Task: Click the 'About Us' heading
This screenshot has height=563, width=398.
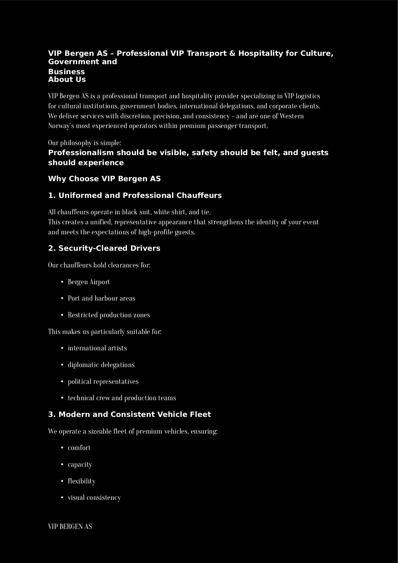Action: point(67,80)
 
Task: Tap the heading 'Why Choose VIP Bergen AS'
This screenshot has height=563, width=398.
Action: point(104,179)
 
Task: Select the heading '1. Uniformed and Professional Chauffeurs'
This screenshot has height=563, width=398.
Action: point(135,196)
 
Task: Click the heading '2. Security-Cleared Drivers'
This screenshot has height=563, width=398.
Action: point(104,248)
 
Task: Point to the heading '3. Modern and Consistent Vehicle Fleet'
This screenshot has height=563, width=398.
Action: point(129,415)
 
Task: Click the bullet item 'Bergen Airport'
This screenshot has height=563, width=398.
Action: point(89,282)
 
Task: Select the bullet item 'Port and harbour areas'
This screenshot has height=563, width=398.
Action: point(101,298)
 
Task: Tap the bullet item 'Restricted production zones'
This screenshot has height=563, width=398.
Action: point(109,315)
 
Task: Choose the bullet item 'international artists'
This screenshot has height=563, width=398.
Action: point(97,348)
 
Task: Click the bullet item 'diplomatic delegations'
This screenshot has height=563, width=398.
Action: point(101,365)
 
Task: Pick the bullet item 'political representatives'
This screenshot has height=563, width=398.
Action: point(103,381)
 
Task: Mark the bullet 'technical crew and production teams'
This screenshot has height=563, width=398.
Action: point(122,398)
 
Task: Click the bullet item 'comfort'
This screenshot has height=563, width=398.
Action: point(79,448)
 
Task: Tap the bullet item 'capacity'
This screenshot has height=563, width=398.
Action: point(80,464)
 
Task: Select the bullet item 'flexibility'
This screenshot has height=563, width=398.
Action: point(82,481)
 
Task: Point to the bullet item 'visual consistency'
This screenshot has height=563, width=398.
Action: point(94,497)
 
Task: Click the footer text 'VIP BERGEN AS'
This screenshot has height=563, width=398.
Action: point(70,527)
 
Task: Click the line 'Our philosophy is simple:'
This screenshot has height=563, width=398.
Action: point(85,143)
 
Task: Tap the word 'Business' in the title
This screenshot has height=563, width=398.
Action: point(67,72)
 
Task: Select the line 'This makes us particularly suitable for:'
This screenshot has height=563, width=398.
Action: point(105,332)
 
